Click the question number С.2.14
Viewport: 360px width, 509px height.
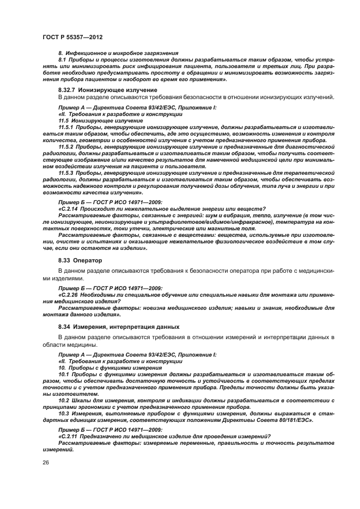coord(70,209)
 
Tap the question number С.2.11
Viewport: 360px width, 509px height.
coord(70,437)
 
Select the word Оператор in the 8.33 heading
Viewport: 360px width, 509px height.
coord(87,260)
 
